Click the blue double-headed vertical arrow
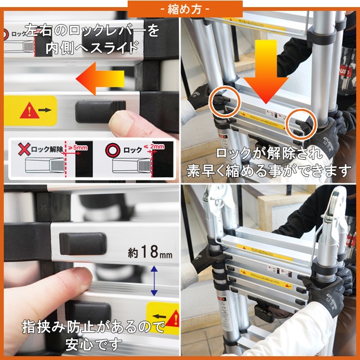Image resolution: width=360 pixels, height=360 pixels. [x=154, y=281]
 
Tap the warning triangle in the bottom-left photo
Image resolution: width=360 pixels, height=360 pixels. [x=172, y=317]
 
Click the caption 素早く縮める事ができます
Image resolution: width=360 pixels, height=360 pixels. [x=269, y=170]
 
